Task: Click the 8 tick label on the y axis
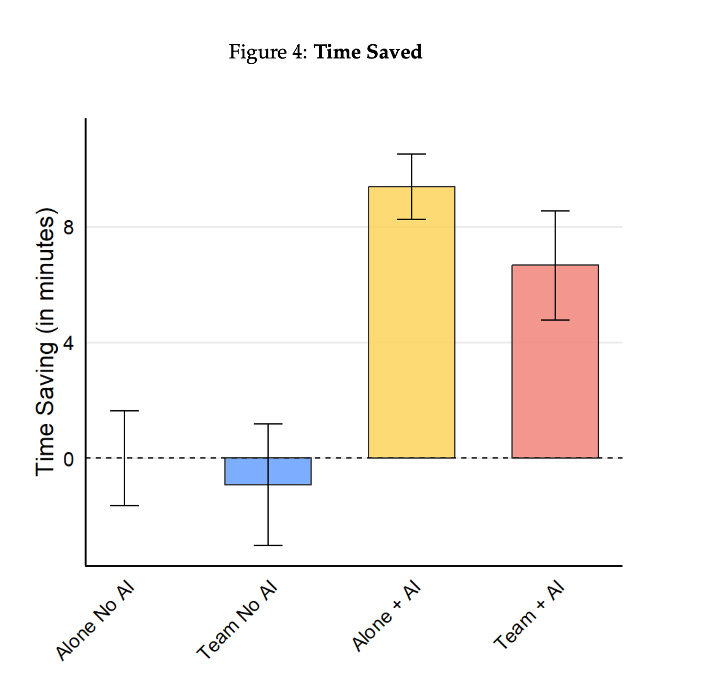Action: point(68,227)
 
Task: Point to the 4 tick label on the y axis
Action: point(68,343)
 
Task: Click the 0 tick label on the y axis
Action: point(68,459)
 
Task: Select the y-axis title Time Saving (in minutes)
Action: point(45,342)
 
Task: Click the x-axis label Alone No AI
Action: point(96,621)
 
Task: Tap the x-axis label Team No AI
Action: point(237,621)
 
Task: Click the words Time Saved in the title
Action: point(368,52)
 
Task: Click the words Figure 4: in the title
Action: point(268,52)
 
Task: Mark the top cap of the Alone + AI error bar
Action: point(411,154)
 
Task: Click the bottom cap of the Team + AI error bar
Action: point(555,320)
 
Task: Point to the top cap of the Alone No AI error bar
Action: point(124,411)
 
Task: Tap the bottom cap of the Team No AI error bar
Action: point(268,545)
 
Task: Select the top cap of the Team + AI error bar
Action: point(555,211)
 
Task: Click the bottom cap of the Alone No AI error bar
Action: point(124,506)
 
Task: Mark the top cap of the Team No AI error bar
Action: point(268,424)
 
